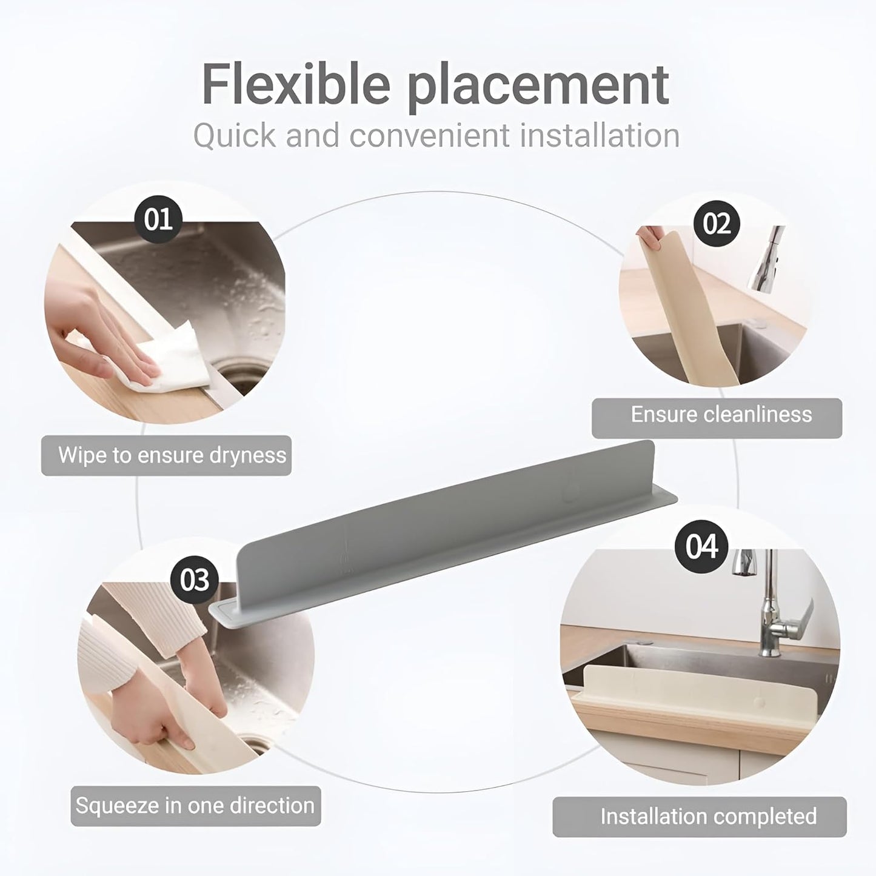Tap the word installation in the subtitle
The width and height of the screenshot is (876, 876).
tap(600, 136)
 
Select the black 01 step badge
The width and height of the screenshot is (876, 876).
tap(158, 219)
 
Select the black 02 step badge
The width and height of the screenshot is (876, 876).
tap(717, 224)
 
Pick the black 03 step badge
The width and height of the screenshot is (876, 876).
tap(194, 580)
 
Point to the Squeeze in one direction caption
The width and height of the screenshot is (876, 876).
tap(195, 806)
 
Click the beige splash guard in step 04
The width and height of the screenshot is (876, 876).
tap(691, 691)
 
